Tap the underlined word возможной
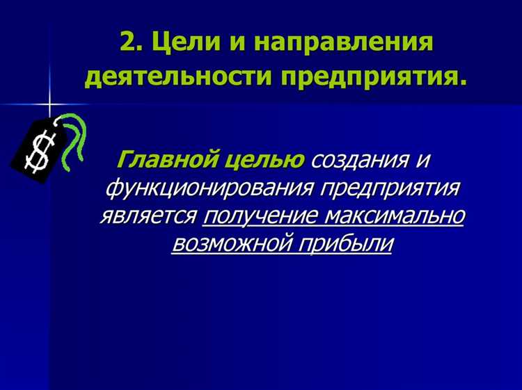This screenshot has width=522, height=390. tap(233, 244)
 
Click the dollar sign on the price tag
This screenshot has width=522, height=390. tap(37, 151)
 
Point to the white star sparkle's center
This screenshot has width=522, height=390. tap(50, 105)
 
